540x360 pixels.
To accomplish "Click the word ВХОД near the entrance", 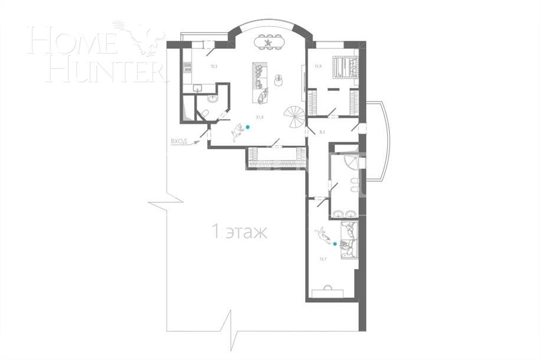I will (x=179, y=142).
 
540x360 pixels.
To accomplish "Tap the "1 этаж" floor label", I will (x=239, y=232).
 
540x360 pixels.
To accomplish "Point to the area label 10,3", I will (x=214, y=66).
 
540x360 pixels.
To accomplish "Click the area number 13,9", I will (x=318, y=66).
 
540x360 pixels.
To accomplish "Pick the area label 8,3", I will (x=322, y=132).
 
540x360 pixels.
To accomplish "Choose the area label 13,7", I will (x=322, y=258).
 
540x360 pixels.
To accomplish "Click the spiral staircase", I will (x=293, y=114).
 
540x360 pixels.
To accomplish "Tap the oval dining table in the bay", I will (x=270, y=42).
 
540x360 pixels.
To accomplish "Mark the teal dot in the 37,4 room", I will (x=248, y=127).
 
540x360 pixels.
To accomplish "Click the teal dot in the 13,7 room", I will (x=335, y=243).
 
